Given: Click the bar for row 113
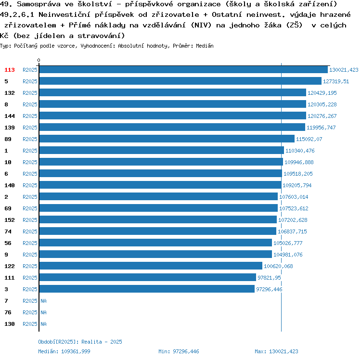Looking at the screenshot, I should [x=183, y=70].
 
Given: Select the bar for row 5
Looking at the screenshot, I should [x=180, y=81].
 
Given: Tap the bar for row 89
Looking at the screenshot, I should [x=167, y=139].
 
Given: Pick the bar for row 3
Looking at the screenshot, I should [x=146, y=289].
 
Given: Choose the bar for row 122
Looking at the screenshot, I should [x=150, y=266].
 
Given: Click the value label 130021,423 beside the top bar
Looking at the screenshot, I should [x=344, y=70].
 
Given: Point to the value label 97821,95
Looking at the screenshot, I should [x=269, y=278].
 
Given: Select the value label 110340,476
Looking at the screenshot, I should [x=300, y=151].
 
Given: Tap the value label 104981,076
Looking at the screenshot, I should [x=288, y=255].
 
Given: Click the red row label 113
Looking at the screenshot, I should [x=10, y=70].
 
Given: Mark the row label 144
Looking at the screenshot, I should [x=10, y=116].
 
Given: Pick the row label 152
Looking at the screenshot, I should [x=10, y=220].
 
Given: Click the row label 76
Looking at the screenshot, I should [x=8, y=312].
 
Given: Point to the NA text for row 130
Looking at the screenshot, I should [x=43, y=324].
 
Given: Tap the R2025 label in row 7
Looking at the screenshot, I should [x=30, y=301].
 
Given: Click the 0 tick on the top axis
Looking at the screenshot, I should [x=39, y=61].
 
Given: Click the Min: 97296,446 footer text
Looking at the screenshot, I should [x=179, y=351].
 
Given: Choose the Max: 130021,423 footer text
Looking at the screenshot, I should [x=276, y=351].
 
